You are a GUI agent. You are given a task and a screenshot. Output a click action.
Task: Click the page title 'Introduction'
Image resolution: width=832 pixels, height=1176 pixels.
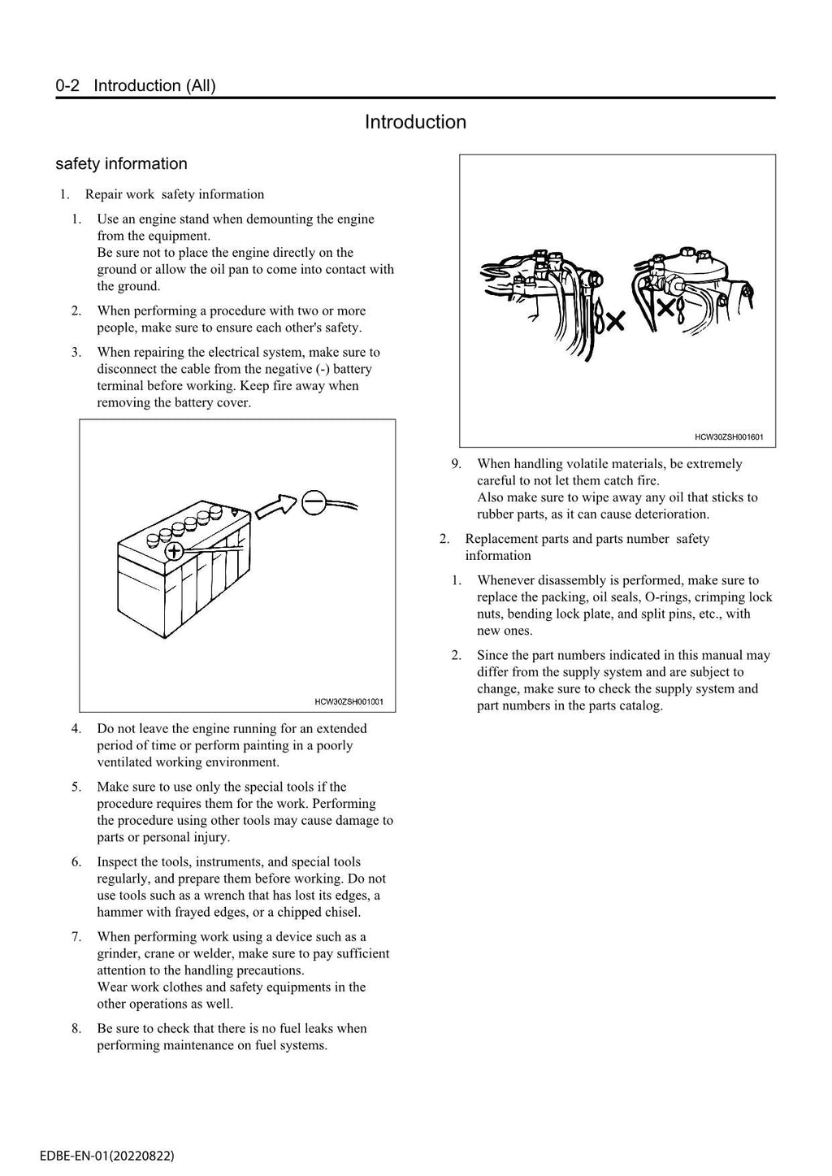pyautogui.click(x=415, y=122)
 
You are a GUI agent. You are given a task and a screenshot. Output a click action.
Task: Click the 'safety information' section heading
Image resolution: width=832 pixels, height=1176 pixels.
pyautogui.click(x=121, y=164)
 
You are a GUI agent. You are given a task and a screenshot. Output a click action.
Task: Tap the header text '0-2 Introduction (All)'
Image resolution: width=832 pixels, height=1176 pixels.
pyautogui.click(x=136, y=85)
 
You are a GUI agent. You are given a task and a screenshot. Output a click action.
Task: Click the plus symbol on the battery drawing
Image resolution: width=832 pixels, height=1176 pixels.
pyautogui.click(x=174, y=552)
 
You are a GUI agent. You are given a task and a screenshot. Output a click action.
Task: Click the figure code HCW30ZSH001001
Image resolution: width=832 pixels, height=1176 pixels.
pyautogui.click(x=349, y=701)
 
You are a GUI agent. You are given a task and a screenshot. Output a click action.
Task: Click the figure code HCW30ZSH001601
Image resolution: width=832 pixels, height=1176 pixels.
pyautogui.click(x=729, y=437)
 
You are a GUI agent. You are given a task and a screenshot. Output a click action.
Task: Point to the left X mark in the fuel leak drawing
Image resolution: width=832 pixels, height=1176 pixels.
pyautogui.click(x=615, y=322)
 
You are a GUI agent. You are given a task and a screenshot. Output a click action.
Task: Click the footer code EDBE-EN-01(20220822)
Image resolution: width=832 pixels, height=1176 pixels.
pyautogui.click(x=106, y=1155)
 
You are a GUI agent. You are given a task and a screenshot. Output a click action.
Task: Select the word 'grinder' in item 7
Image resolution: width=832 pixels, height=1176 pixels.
pyautogui.click(x=118, y=953)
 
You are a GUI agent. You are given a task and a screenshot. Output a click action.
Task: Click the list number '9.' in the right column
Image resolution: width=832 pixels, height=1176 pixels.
pyautogui.click(x=457, y=464)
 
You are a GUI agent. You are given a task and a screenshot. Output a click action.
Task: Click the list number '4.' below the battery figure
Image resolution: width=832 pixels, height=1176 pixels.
pyautogui.click(x=76, y=729)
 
